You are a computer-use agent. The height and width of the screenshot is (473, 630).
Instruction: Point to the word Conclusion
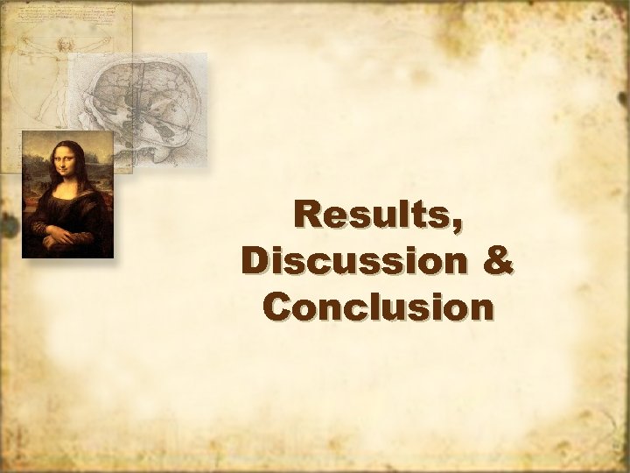(x=377, y=307)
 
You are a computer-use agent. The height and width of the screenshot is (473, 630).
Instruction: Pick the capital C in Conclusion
(x=276, y=307)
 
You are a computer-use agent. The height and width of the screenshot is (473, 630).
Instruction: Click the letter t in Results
(x=432, y=215)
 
